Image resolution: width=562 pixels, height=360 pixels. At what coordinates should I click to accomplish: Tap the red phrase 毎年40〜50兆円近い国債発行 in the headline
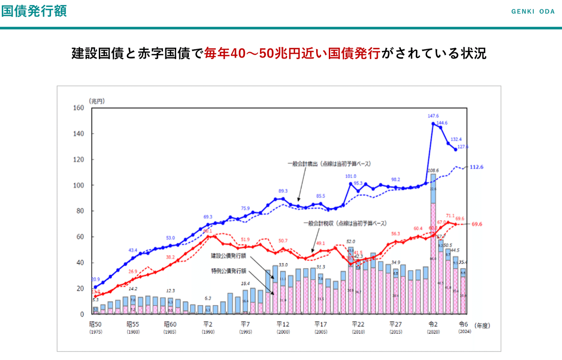[292, 53]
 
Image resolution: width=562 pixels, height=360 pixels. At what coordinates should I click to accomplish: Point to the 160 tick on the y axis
[78, 108]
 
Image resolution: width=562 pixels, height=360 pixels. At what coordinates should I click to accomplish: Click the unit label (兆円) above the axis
[96, 101]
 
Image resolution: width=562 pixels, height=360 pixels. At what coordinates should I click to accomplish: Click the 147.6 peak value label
[433, 116]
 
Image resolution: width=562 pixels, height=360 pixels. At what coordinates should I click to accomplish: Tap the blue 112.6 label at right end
[476, 167]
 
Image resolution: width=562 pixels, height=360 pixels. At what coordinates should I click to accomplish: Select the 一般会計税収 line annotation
[347, 223]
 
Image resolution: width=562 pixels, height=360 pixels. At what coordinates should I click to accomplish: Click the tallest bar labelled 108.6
[433, 243]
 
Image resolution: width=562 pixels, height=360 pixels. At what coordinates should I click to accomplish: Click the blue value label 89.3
[283, 191]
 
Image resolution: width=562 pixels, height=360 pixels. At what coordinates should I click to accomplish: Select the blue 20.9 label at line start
[95, 279]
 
